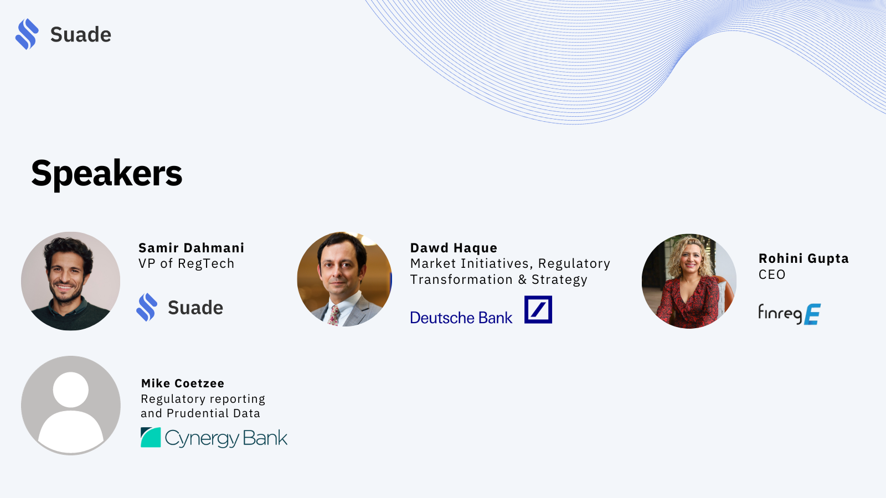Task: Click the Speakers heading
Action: coord(107,173)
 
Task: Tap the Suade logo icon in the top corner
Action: coord(27,34)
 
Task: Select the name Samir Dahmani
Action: coord(192,248)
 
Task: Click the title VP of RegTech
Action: coord(186,263)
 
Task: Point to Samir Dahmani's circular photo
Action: coord(70,281)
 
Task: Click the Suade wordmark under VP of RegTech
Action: coord(195,308)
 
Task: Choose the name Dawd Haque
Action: coord(454,248)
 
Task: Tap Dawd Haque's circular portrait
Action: coord(344,279)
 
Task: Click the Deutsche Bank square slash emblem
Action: coord(538,309)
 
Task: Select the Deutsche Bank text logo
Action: coord(461,318)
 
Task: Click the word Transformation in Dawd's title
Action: coord(461,279)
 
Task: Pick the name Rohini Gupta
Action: coord(803,258)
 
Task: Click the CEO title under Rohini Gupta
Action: coord(772,274)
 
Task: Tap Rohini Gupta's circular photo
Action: coord(689,281)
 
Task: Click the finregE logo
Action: coord(790,314)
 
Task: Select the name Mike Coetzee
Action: coord(183,383)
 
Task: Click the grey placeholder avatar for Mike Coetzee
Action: coord(71,406)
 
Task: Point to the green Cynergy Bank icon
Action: coord(151,437)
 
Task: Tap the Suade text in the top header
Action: coord(81,34)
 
